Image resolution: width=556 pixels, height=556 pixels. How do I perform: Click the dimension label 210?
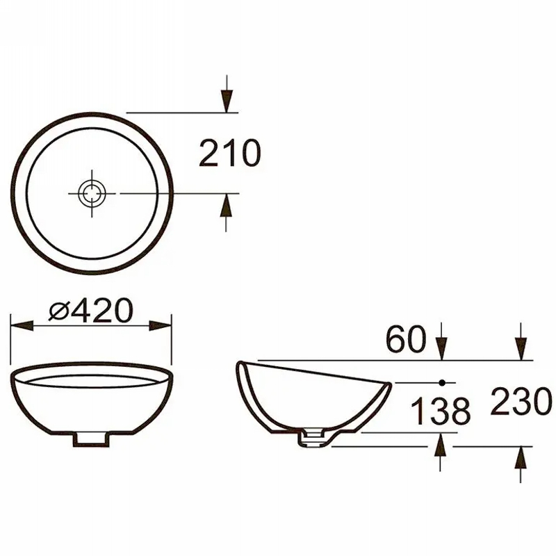click(x=230, y=153)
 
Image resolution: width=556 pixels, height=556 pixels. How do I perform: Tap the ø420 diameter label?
click(x=91, y=311)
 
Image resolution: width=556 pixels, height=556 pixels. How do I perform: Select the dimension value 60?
click(x=406, y=338)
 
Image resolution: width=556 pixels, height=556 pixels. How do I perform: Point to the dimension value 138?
click(x=441, y=411)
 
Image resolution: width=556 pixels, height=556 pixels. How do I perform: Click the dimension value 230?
click(x=521, y=401)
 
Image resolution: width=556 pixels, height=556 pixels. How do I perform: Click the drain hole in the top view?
click(x=92, y=194)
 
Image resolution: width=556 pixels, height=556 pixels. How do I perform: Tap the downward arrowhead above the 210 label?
click(x=227, y=101)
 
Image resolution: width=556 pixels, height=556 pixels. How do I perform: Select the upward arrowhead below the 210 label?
click(x=227, y=205)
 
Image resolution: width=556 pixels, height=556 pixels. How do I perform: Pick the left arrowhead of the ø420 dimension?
click(x=22, y=326)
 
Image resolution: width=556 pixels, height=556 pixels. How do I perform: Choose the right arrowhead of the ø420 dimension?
click(x=160, y=326)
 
